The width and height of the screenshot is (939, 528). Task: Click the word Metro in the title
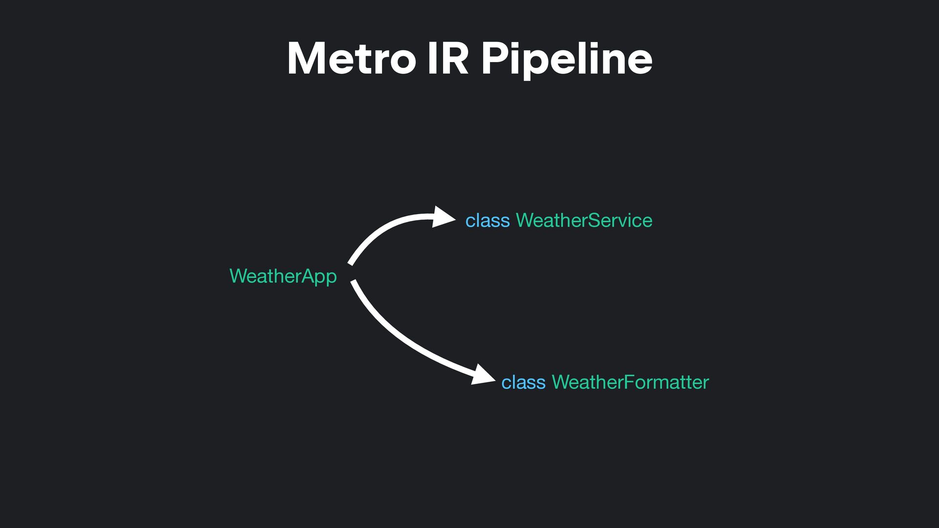pyautogui.click(x=351, y=59)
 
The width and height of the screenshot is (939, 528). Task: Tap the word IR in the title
pyautogui.click(x=447, y=59)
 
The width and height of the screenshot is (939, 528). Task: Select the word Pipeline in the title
pyautogui.click(x=566, y=59)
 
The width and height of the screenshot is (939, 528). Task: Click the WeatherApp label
pyautogui.click(x=283, y=276)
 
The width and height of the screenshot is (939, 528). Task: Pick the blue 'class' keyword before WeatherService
pyautogui.click(x=487, y=220)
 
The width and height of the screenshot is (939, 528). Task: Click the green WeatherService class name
pyautogui.click(x=584, y=220)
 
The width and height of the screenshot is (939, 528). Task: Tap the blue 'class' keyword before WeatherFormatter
pyautogui.click(x=523, y=382)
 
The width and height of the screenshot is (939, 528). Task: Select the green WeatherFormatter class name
pyautogui.click(x=630, y=382)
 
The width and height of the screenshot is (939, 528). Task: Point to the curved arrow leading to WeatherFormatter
pyautogui.click(x=401, y=337)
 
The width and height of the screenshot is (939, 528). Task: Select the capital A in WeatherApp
pyautogui.click(x=307, y=276)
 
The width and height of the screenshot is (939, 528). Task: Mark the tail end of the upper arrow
pyautogui.click(x=350, y=264)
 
